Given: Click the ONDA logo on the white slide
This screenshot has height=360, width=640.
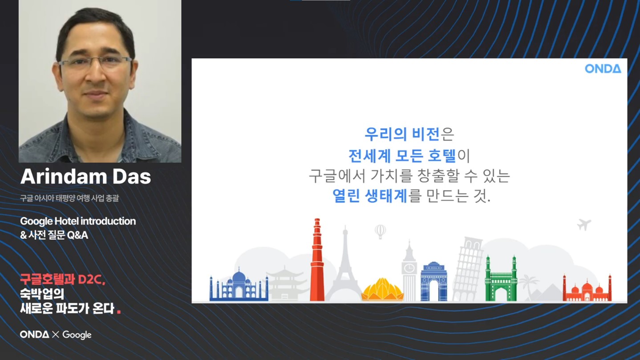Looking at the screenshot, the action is coord(603,69).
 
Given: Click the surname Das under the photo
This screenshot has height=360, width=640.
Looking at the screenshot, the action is coord(132,176).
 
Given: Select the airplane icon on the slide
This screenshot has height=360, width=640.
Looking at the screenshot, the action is coord(584,224).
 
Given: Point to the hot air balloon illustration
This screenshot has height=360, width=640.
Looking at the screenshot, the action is coord(380,232).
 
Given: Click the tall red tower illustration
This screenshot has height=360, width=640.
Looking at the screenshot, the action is coord(317,259).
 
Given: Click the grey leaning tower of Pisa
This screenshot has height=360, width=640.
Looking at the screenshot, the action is coord(468,269).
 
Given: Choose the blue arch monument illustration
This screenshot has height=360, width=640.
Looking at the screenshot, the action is coord(434,281).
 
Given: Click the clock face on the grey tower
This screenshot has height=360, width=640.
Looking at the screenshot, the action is coord(409,269).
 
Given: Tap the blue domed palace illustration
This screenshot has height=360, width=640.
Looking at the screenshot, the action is coord(239,284).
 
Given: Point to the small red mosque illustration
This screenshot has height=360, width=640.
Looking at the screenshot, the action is coord(587,288).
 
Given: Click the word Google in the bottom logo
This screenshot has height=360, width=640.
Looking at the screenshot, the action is coord(77,335).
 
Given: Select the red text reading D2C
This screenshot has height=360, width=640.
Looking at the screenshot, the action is coord(91,279).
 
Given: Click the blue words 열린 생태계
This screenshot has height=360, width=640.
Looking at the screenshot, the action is coord(370,196).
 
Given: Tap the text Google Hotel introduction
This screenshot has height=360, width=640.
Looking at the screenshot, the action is coord(78,221).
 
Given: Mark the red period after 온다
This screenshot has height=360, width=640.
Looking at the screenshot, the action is coord(119,312).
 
